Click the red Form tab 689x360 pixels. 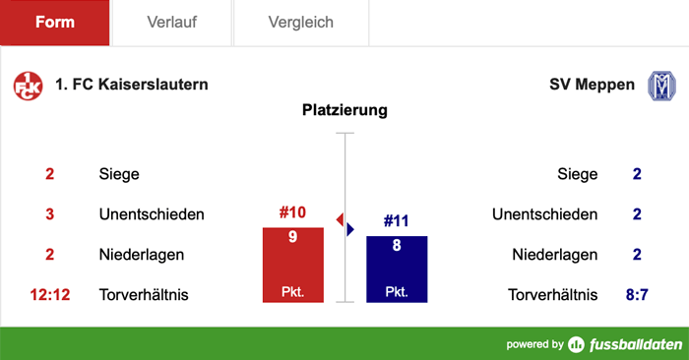(55, 23)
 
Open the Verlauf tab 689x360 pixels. (171, 23)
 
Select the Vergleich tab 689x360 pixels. (300, 23)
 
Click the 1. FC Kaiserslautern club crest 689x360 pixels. (28, 86)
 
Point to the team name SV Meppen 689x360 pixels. (592, 85)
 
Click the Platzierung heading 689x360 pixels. (344, 110)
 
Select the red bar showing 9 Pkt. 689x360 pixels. (292, 265)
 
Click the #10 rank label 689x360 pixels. (292, 212)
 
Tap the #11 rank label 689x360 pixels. (397, 220)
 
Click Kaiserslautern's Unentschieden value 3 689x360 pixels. (49, 214)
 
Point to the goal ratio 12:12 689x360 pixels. (49, 294)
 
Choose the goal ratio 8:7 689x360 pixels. (636, 294)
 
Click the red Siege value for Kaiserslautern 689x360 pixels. (49, 174)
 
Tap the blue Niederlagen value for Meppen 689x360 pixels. (637, 255)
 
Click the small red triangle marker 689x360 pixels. (340, 217)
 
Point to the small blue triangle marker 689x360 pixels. (349, 229)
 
